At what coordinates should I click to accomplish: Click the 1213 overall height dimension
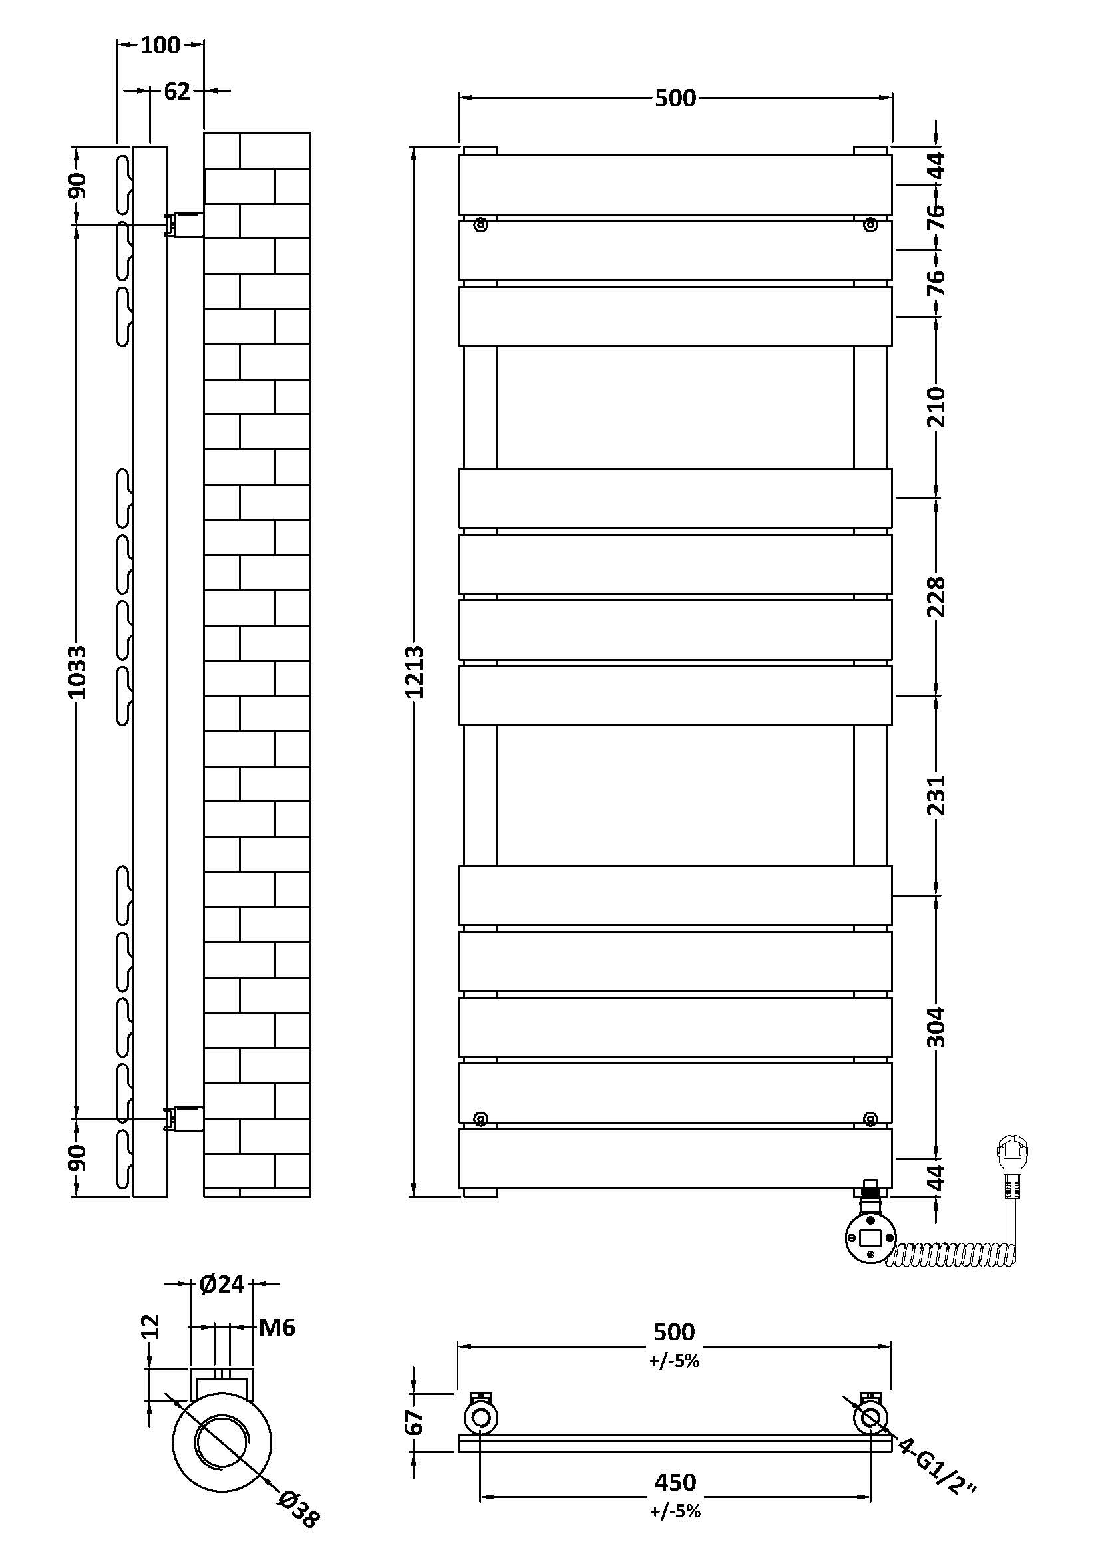[415, 671]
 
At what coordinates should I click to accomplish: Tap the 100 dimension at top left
[160, 45]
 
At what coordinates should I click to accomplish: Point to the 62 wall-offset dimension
[177, 91]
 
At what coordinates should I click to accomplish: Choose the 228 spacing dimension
[936, 595]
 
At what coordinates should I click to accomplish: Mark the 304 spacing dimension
[936, 1026]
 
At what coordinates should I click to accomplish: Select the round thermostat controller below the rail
[870, 1237]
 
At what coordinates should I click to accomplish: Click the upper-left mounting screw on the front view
[480, 224]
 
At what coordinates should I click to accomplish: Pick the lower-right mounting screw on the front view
[870, 1118]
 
